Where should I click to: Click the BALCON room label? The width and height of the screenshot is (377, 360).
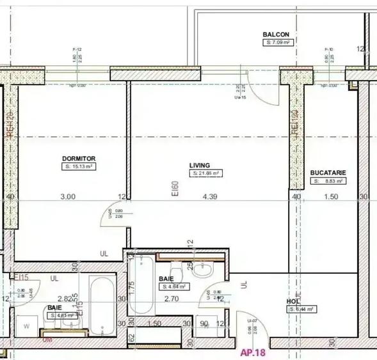pos(277,35)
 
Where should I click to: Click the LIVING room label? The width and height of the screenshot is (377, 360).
pos(200,165)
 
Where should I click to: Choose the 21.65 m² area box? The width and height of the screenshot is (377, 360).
pos(206,173)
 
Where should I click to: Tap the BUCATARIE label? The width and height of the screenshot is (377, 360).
pos(328,173)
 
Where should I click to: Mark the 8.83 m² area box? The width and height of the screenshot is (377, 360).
pos(330,181)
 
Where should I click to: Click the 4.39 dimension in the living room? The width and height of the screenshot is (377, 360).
pos(210,197)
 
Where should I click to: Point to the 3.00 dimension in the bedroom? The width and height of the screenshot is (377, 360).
pos(68,197)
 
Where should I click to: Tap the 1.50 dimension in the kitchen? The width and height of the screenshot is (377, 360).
pos(331,197)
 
